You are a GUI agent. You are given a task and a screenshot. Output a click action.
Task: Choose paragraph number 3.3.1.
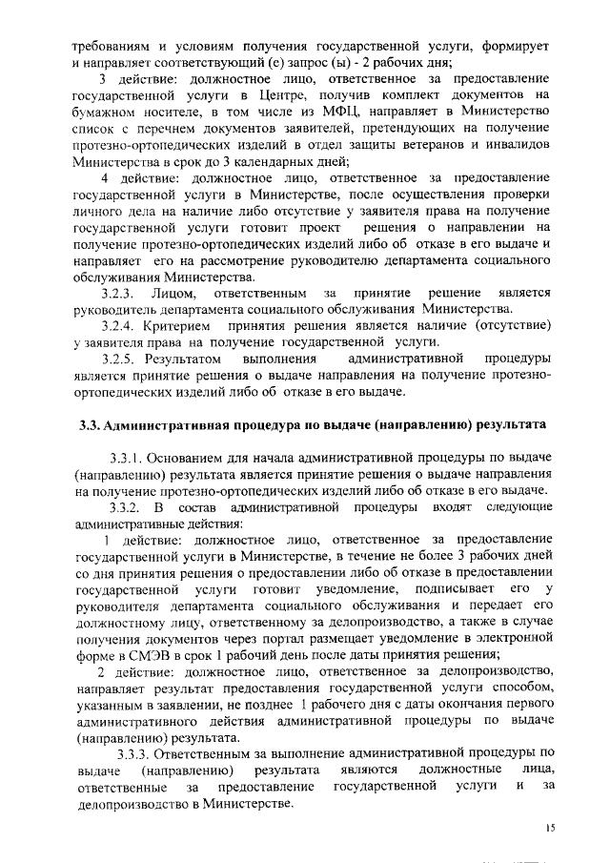pyautogui.click(x=131, y=456)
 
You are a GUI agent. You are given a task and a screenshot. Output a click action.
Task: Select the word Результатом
pyautogui.click(x=182, y=359)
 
